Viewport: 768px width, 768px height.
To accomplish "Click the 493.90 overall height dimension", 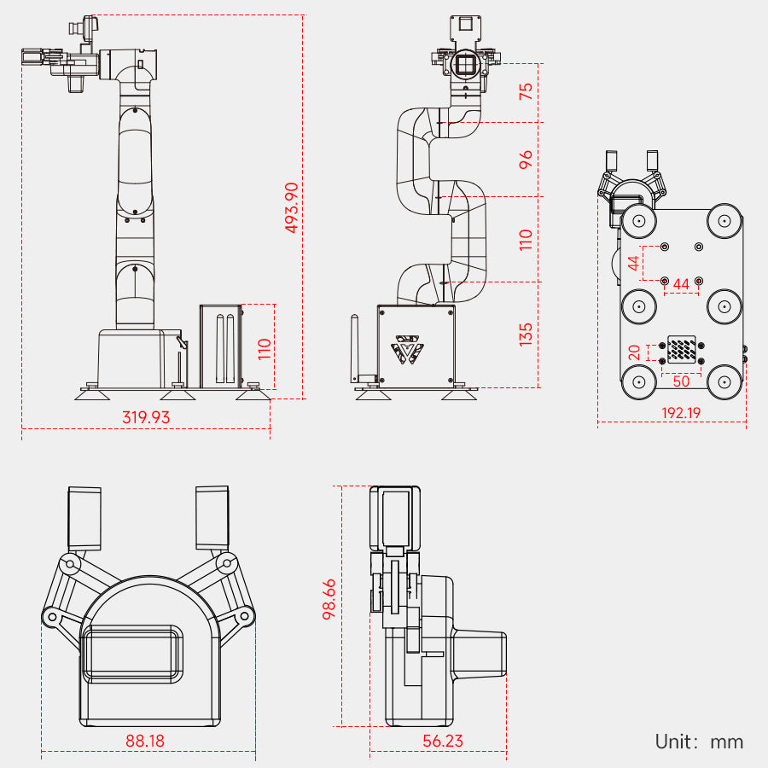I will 292,208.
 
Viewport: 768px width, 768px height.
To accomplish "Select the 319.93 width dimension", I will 146,417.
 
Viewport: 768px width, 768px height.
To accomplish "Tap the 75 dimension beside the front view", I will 527,91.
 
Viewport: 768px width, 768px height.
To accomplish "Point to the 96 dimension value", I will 527,159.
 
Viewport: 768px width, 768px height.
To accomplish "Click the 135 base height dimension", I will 527,333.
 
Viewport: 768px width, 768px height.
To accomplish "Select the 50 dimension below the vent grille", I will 681,381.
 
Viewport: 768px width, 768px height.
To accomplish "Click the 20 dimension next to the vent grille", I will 634,352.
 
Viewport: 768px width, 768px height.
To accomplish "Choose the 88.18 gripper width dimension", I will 145,741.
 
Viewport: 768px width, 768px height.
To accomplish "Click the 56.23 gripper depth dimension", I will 443,741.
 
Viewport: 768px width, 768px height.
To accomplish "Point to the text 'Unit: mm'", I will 699,742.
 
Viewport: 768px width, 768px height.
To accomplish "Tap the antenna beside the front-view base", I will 354,350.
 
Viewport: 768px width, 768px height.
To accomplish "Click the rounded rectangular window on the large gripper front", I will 132,653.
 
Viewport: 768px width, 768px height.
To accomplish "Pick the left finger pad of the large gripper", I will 84,518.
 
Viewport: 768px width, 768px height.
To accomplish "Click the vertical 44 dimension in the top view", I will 634,263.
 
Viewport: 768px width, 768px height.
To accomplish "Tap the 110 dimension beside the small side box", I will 265,347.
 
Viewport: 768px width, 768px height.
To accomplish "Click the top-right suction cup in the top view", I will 724,222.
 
